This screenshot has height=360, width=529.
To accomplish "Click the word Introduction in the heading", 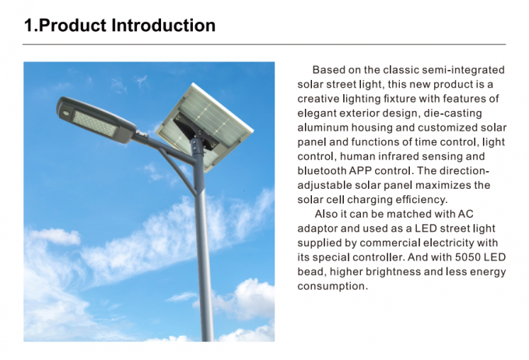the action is click(163, 26).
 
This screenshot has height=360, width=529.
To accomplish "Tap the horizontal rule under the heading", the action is click(264, 44).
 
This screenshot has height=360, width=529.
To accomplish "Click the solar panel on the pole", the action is click(205, 128).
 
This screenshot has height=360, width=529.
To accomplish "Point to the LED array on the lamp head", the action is click(96, 124).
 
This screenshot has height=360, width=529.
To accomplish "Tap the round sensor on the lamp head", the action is click(66, 114).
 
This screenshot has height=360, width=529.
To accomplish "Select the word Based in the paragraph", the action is click(328, 70).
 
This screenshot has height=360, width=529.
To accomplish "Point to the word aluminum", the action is click(323, 128).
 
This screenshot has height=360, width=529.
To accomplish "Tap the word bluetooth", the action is click(321, 171).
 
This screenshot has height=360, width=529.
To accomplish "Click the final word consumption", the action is click(332, 286).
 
